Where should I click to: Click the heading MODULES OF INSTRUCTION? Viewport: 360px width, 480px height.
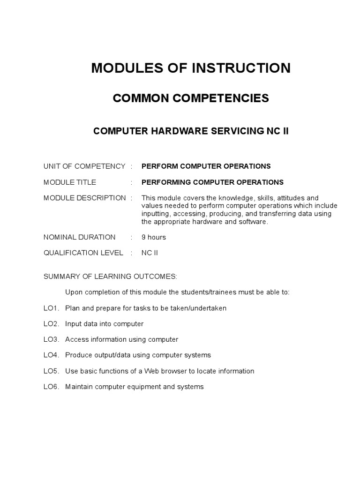pos(191,68)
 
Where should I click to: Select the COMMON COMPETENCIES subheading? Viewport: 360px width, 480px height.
pos(191,98)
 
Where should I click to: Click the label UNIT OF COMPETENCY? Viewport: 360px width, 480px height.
pos(84,166)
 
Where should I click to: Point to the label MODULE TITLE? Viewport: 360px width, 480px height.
pos(70,182)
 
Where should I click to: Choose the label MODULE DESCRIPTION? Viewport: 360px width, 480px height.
pos(85,198)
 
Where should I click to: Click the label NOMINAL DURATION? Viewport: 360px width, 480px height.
pos(79,237)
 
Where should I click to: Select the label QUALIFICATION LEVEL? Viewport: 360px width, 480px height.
pos(83,253)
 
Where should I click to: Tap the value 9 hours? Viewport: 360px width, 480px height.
pos(154,237)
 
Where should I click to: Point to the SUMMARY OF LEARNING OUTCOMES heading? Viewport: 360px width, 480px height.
pos(111,277)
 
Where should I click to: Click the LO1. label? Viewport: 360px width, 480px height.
pos(51,308)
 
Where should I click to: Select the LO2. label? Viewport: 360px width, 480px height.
pos(51,324)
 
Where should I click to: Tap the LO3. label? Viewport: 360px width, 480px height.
pos(51,339)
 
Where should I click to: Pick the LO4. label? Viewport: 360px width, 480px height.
pos(51,355)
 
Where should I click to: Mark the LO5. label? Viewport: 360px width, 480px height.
pos(51,371)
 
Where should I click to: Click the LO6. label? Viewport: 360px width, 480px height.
pos(51,387)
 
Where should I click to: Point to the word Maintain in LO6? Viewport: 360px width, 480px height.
pos(78,387)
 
